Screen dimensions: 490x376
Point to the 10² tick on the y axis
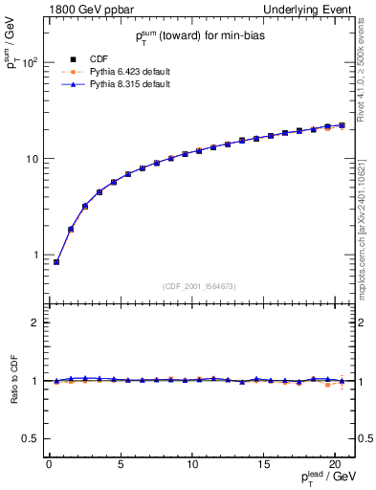tap(30, 63)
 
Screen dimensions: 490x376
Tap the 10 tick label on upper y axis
tap(31, 159)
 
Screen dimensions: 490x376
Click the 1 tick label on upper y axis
tap(34, 256)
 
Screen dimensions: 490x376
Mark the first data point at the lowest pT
tap(56, 262)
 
